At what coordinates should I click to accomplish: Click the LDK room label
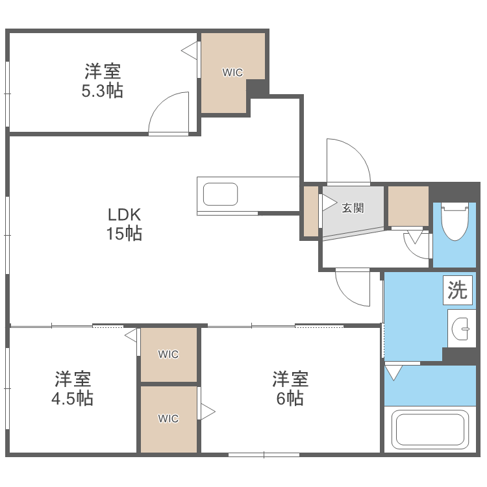[124, 215]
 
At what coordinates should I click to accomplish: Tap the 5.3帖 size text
[102, 91]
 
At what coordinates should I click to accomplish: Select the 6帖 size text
[290, 398]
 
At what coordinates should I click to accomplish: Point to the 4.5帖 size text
[72, 398]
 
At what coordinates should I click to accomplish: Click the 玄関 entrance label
[353, 208]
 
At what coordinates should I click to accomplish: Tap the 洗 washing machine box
[458, 290]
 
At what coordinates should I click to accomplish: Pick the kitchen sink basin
[221, 194]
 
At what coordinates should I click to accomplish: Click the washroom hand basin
[462, 329]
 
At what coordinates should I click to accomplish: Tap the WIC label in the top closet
[232, 73]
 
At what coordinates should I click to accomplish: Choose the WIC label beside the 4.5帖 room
[168, 355]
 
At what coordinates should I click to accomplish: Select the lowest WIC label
[168, 419]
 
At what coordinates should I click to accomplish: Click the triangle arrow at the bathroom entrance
[393, 373]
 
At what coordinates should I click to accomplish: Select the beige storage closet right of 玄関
[408, 206]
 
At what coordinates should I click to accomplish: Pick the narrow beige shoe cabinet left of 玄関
[310, 212]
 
